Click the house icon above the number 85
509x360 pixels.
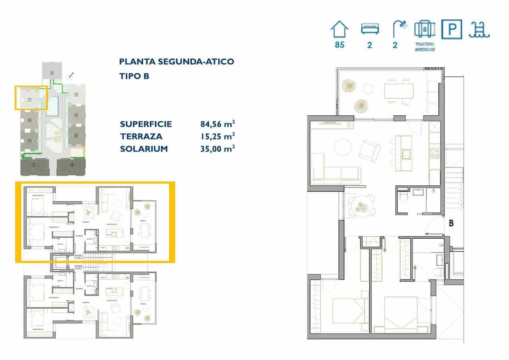click(339, 30)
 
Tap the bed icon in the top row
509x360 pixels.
click(370, 29)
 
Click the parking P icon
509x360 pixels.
click(452, 30)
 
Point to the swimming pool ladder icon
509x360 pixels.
click(479, 30)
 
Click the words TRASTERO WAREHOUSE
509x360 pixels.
click(425, 47)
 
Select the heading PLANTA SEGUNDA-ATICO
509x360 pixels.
click(177, 62)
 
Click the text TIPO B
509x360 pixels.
click(134, 76)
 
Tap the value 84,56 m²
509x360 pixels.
click(217, 124)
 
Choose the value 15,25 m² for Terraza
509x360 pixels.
click(217, 136)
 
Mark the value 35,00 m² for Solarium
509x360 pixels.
click(217, 149)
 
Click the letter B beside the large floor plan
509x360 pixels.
click(451, 224)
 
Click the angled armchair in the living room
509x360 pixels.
click(369, 151)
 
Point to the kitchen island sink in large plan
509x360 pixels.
click(407, 153)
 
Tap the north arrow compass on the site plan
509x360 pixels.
click(72, 74)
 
